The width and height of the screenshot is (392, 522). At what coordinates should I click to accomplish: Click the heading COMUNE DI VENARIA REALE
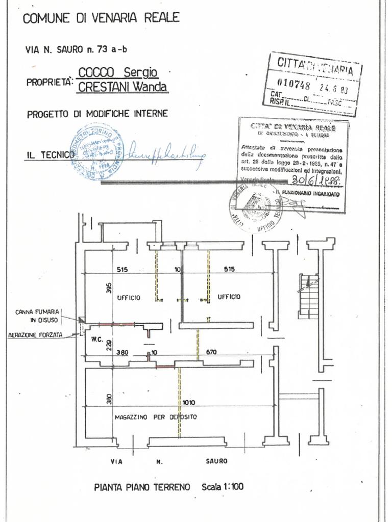(101, 18)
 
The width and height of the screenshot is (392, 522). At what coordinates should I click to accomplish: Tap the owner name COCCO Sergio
(118, 72)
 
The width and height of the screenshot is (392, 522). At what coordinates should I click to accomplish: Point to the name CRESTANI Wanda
(122, 87)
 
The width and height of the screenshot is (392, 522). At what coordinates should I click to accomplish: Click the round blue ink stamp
(97, 152)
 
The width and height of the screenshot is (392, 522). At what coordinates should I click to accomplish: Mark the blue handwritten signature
(166, 151)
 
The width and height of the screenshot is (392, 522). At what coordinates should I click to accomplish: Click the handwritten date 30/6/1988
(316, 180)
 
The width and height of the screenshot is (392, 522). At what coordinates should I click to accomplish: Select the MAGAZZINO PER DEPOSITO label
(156, 417)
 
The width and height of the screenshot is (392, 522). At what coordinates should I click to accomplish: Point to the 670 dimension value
(225, 352)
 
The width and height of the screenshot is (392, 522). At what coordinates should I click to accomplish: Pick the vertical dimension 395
(108, 288)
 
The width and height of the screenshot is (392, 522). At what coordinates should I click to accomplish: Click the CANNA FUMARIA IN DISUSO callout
(37, 316)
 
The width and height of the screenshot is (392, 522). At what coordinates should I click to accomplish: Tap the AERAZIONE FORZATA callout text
(35, 335)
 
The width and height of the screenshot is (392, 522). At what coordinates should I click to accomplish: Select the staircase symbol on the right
(308, 296)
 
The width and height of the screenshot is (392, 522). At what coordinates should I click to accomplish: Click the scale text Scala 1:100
(223, 487)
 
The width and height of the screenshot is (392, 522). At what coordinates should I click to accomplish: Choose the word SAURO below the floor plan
(216, 461)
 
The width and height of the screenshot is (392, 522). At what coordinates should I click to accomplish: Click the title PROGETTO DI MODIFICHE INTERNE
(97, 114)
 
